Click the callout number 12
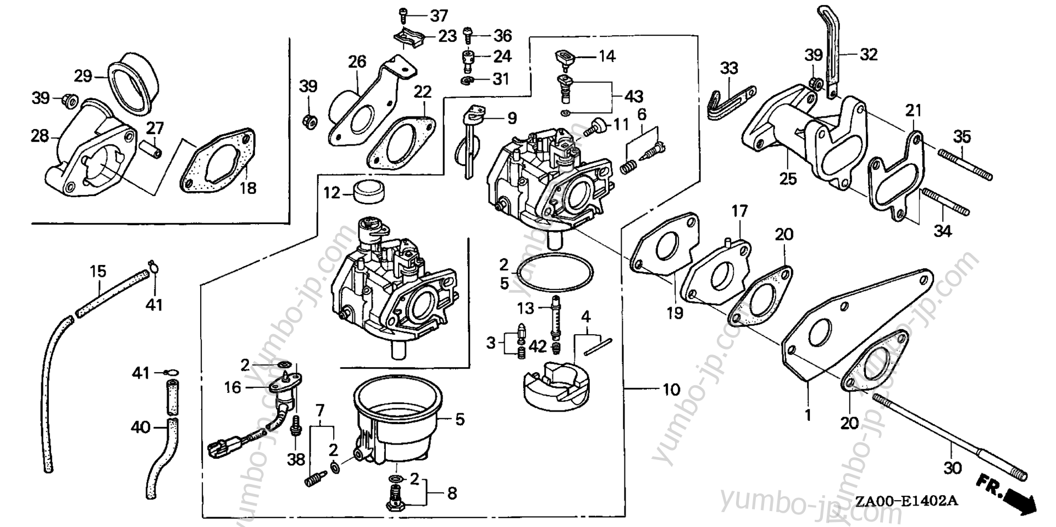pyautogui.click(x=331, y=193)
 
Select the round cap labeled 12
pyautogui.click(x=369, y=191)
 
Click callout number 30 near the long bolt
pyautogui.click(x=953, y=468)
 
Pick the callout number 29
pyautogui.click(x=83, y=75)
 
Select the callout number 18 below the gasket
pyautogui.click(x=248, y=188)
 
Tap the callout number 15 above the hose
pyautogui.click(x=98, y=271)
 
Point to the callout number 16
pyautogui.click(x=233, y=387)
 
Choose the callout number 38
pyautogui.click(x=296, y=459)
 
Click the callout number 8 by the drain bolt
pyautogui.click(x=452, y=493)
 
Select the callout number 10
pyautogui.click(x=671, y=390)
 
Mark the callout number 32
pyautogui.click(x=869, y=54)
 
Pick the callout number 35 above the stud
pyautogui.click(x=962, y=136)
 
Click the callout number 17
pyautogui.click(x=740, y=210)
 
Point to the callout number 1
pyautogui.click(x=808, y=415)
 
